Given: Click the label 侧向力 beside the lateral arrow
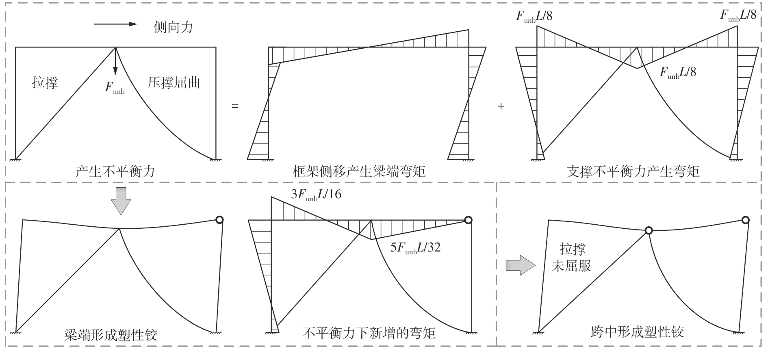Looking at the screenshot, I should [x=173, y=27].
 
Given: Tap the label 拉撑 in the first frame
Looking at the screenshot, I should [x=45, y=82].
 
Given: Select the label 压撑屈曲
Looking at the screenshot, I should [x=174, y=82].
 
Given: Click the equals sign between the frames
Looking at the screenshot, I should [x=235, y=106].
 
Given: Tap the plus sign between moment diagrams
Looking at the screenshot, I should [x=501, y=106].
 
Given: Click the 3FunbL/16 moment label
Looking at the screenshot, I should [x=316, y=195].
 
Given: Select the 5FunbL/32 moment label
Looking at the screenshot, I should [x=415, y=247].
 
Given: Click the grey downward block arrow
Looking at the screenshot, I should [x=121, y=201].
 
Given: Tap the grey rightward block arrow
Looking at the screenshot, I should [x=520, y=265].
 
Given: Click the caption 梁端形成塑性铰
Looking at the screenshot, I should [x=111, y=335].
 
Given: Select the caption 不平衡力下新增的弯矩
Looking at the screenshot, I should [x=369, y=333].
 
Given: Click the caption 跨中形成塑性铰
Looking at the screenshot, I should [x=637, y=332].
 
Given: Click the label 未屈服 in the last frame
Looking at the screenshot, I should [x=571, y=266].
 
